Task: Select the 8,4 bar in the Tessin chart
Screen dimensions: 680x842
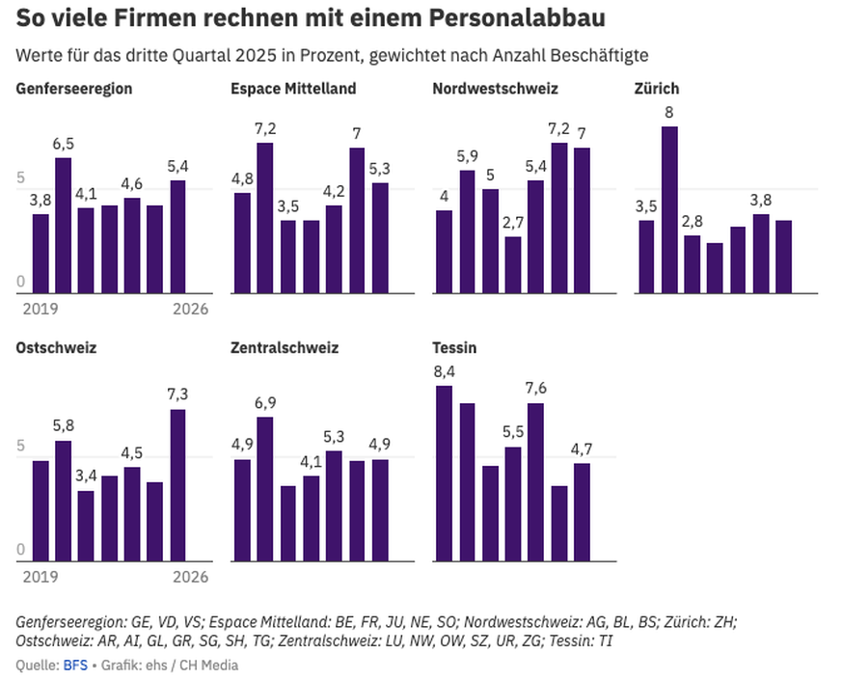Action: pyautogui.click(x=444, y=473)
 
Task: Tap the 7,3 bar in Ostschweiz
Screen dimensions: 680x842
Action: pyautogui.click(x=177, y=484)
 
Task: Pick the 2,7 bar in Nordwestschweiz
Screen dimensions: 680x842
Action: pyautogui.click(x=512, y=264)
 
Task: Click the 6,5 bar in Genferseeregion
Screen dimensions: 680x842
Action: pyautogui.click(x=63, y=225)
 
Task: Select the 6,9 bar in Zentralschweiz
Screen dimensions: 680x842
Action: pyautogui.click(x=264, y=488)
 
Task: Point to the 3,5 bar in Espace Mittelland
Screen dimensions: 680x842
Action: pyautogui.click(x=287, y=256)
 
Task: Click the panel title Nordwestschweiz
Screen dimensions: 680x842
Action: pyautogui.click(x=495, y=89)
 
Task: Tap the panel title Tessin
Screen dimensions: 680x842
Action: pyautogui.click(x=456, y=347)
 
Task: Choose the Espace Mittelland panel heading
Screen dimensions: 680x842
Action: pyautogui.click(x=293, y=89)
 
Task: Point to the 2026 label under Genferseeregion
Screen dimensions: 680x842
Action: pyautogui.click(x=190, y=310)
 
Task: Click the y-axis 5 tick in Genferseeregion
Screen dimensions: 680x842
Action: pyautogui.click(x=20, y=178)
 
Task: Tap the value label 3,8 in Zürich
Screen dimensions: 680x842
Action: pyautogui.click(x=761, y=200)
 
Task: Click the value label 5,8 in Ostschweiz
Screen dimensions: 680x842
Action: pyautogui.click(x=63, y=425)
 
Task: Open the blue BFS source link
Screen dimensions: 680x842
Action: pyautogui.click(x=74, y=665)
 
